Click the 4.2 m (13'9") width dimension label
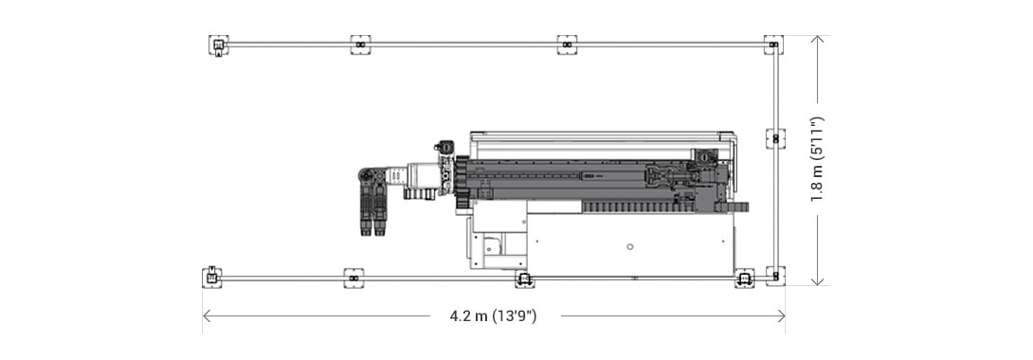(493, 316)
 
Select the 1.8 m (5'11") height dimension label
(817, 160)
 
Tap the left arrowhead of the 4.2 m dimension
(206, 316)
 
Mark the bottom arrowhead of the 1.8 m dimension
(817, 281)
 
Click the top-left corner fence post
(218, 45)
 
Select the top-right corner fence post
(774, 45)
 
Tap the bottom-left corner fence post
(212, 277)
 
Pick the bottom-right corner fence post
(775, 277)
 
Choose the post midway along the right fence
(775, 138)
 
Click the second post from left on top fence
(360, 45)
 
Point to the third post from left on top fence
(567, 45)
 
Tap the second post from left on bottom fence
(353, 278)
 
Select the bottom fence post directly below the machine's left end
(524, 279)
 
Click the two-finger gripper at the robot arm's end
(372, 212)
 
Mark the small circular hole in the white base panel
(630, 246)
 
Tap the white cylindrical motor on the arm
(420, 176)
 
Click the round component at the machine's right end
(702, 154)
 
